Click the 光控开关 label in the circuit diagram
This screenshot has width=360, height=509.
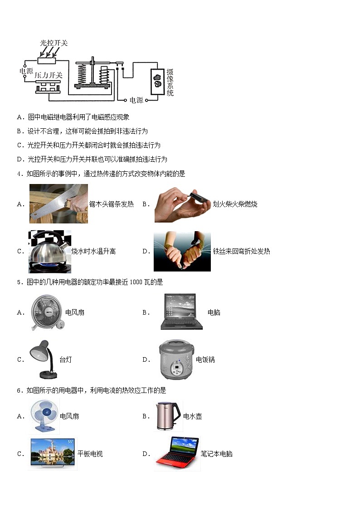(54, 43)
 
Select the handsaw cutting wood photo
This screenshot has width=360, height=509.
(58, 204)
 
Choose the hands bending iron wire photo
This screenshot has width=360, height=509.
(182, 251)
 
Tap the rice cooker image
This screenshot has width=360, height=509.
(175, 359)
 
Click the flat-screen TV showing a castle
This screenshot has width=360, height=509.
(52, 453)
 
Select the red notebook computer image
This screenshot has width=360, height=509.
(177, 453)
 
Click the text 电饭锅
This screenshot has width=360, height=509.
(205, 360)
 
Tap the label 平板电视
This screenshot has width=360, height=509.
(90, 454)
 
